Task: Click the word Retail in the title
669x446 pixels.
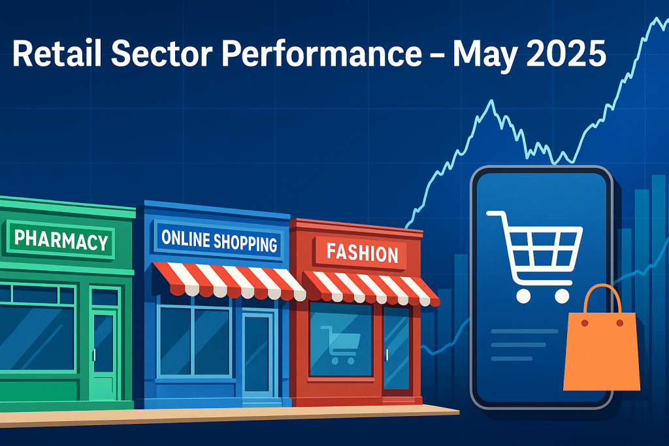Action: (x=57, y=54)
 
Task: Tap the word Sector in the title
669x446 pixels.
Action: (x=162, y=54)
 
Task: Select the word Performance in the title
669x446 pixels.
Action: (x=322, y=54)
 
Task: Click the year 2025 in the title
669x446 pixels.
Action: (x=566, y=54)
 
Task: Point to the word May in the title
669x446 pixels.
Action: (x=484, y=56)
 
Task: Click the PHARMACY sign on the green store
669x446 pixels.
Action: (x=61, y=240)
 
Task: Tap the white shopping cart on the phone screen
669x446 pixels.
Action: (x=535, y=256)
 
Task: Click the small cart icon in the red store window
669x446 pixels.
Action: (x=340, y=345)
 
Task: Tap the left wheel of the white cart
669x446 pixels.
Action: (x=523, y=296)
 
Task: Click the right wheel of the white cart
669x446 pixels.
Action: (x=562, y=296)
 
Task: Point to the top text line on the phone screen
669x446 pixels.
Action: (x=525, y=331)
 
